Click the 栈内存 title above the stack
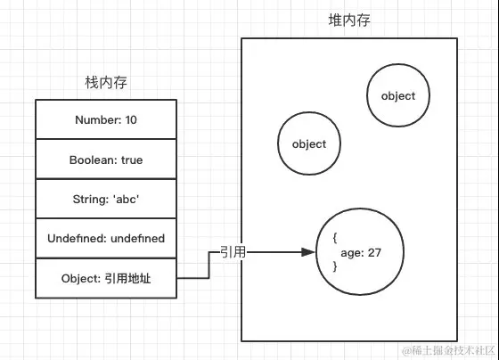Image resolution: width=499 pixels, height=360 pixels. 105,83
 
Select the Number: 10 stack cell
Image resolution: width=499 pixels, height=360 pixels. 106,120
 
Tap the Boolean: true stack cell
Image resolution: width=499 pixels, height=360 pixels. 106,160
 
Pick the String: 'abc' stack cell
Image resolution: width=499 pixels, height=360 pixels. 106,200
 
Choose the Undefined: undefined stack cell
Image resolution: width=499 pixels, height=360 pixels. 106,239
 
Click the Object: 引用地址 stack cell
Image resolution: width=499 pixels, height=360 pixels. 106,278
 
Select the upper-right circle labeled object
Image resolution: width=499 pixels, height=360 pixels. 397,96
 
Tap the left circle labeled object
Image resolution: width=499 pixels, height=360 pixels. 308,143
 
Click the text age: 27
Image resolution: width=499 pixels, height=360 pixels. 361,253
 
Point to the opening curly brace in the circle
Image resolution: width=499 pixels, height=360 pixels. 334,240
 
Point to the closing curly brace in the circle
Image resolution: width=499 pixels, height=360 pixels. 334,266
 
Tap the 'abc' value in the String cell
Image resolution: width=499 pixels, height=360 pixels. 126,200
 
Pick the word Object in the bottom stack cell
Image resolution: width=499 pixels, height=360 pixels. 78,278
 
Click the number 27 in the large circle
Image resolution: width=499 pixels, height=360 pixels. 373,253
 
